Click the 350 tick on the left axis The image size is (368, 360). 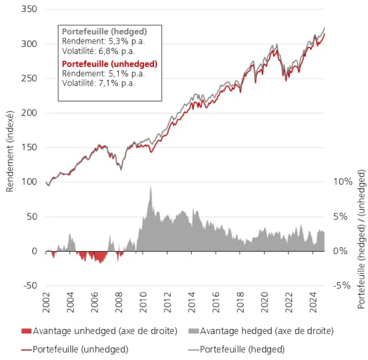pos(29,10)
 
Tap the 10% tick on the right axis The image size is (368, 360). pos(343,182)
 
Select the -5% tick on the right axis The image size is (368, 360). pos(343,285)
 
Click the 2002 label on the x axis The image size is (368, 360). pos(47,304)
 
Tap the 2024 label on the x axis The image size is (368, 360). pos(313,304)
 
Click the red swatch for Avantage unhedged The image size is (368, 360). pos(25,330)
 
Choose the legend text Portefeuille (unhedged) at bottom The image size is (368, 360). pos(80,349)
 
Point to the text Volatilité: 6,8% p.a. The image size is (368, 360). pos(98,51)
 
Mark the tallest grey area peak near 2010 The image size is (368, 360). pos(150,186)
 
